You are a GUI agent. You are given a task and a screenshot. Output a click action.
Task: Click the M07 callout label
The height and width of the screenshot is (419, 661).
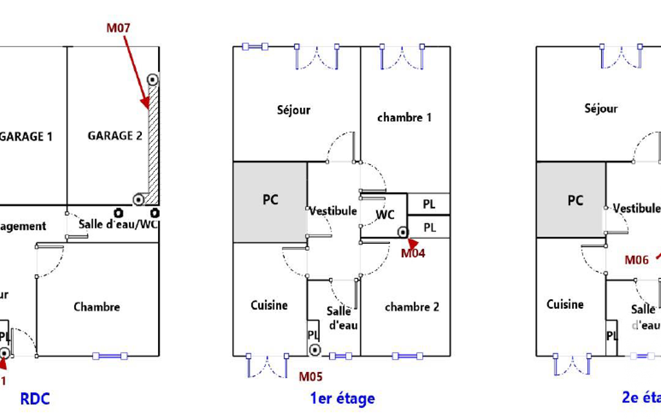(x=119, y=28)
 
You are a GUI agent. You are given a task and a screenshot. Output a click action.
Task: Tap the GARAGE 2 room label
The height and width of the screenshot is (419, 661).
(x=115, y=135)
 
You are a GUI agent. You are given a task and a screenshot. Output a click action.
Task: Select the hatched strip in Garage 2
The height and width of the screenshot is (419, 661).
(x=153, y=139)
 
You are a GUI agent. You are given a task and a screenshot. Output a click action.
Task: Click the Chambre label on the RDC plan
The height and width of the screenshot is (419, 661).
(x=97, y=307)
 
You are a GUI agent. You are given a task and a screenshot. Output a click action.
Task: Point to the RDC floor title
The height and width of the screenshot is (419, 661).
(x=35, y=399)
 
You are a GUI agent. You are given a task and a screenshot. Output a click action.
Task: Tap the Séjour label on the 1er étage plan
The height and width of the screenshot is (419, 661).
(x=293, y=110)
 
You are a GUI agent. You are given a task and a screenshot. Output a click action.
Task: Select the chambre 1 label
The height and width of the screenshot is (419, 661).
(x=404, y=117)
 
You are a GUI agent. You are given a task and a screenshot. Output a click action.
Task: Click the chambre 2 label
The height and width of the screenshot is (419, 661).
(x=411, y=307)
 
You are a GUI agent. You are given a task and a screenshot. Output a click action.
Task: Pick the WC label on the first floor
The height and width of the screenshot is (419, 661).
(x=385, y=215)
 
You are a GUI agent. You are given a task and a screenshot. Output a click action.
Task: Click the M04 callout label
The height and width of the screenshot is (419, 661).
(x=413, y=253)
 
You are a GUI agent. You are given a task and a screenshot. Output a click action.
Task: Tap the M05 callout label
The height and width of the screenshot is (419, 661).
(x=310, y=376)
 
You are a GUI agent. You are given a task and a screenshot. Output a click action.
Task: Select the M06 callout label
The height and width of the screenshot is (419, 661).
(x=636, y=260)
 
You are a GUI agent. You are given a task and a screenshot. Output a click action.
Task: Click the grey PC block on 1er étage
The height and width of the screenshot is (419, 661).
(x=270, y=201)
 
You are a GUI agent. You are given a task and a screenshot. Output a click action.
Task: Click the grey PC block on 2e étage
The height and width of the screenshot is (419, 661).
(x=571, y=201)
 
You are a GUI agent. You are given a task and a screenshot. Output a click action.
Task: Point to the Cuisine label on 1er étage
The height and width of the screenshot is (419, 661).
(x=269, y=305)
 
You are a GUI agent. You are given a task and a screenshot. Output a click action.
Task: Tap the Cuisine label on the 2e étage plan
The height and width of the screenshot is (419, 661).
(x=565, y=304)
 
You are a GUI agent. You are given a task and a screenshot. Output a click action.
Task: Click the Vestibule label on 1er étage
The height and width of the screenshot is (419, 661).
(x=333, y=211)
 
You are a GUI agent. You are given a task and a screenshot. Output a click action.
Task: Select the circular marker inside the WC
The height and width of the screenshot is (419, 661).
(x=403, y=232)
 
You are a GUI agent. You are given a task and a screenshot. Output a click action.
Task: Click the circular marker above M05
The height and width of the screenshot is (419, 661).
(x=315, y=350)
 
